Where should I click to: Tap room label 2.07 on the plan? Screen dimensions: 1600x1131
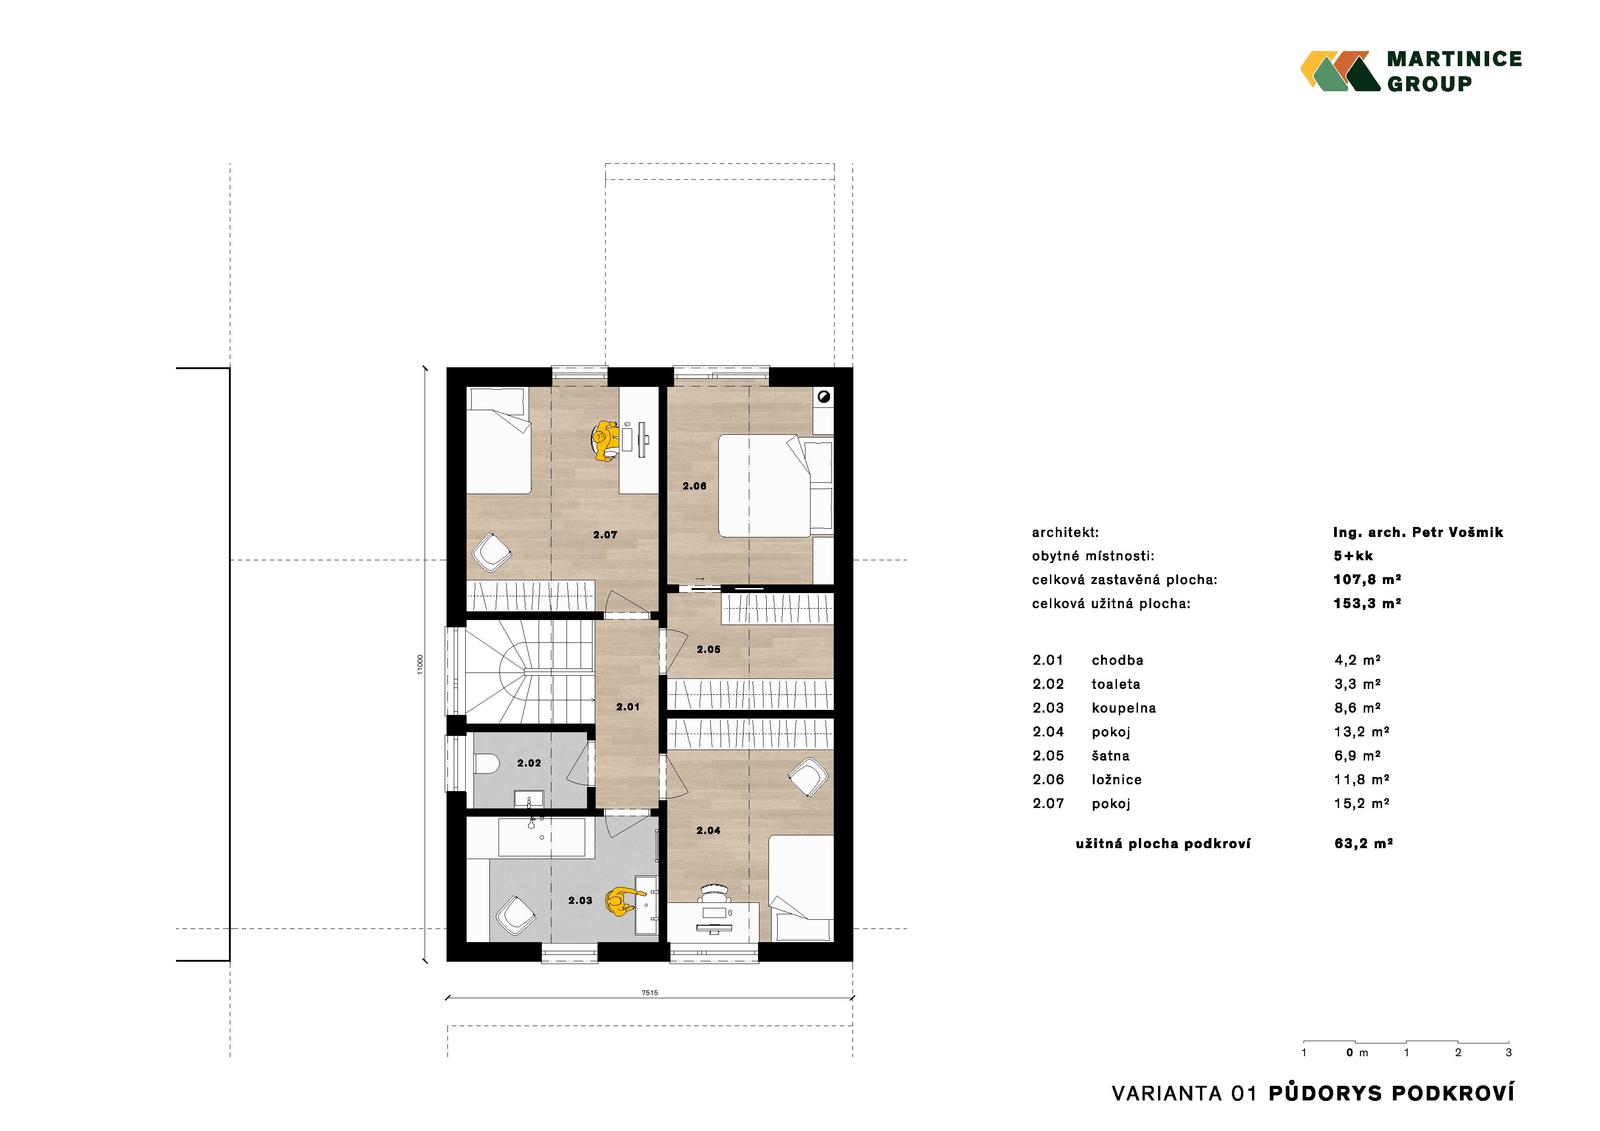coord(605,534)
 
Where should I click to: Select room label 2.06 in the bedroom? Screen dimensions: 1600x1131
coord(694,486)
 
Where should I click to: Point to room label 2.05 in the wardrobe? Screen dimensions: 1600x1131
coord(709,649)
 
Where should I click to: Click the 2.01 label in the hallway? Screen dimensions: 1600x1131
coord(628,707)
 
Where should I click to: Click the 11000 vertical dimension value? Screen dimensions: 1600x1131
coord(420,664)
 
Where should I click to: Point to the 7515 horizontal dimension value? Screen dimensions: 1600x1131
coord(649,992)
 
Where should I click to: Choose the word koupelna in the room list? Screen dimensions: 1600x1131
coord(1124,708)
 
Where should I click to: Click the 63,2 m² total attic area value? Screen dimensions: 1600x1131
coord(1364,843)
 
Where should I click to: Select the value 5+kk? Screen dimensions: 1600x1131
coord(1353,556)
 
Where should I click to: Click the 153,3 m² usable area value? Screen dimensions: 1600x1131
coord(1367,603)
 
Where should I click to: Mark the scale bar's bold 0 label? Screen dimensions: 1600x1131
coord(1350,1052)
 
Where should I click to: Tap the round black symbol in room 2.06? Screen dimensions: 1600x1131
coord(824,397)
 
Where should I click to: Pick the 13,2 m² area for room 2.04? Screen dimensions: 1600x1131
coord(1361,732)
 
